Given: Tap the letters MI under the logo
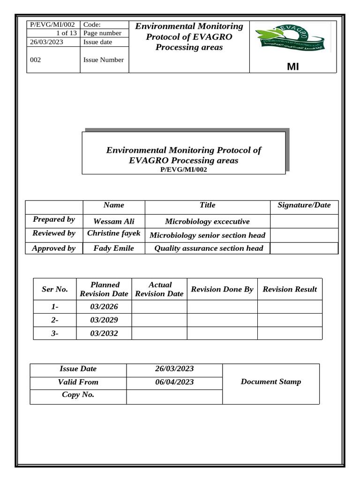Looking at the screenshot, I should click(x=292, y=67).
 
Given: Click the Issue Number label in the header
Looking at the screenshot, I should click(x=104, y=60).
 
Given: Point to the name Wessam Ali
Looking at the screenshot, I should click(x=114, y=221).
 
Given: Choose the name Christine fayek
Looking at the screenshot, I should click(x=114, y=233).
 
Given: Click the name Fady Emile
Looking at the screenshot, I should click(x=114, y=248).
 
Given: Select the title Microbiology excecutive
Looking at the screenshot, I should click(x=207, y=221).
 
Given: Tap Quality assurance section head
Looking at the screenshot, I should click(x=209, y=248).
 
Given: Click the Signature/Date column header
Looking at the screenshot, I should click(x=304, y=205).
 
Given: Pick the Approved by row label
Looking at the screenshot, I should click(x=53, y=248).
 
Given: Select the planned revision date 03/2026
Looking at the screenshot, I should click(x=104, y=307).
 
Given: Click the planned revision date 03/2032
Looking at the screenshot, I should click(x=104, y=334).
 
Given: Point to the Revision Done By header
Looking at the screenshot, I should click(x=222, y=289).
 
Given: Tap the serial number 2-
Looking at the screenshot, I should click(x=55, y=320).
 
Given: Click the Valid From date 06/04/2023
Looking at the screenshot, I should click(x=174, y=382).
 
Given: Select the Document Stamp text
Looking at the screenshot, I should click(x=271, y=382).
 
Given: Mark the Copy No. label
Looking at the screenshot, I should click(x=78, y=395).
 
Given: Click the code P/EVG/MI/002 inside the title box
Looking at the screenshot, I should click(x=183, y=170).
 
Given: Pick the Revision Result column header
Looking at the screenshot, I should click(x=290, y=289).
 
